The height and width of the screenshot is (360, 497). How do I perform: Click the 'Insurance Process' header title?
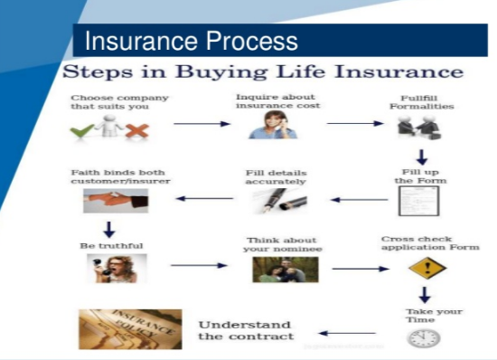191,42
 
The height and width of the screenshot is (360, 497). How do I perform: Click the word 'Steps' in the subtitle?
98,71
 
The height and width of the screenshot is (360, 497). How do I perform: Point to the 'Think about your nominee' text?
282,245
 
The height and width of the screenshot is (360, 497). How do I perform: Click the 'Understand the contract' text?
245,330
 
